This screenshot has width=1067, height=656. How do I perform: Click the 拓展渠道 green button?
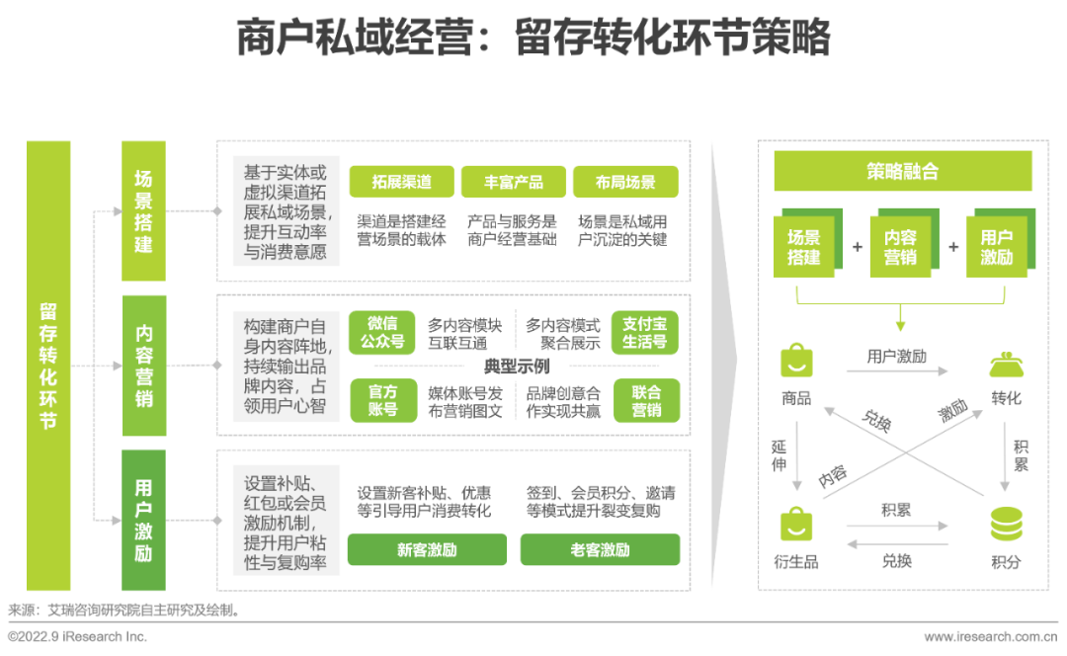401,182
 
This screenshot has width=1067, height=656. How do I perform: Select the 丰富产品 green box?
513,182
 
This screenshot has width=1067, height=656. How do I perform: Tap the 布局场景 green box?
625,182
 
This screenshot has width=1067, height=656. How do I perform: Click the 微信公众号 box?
381,333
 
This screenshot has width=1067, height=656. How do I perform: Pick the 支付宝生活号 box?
644,333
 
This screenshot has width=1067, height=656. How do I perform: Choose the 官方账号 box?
383,400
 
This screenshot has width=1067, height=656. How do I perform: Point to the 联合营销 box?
646,400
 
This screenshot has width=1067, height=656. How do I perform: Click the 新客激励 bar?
427,549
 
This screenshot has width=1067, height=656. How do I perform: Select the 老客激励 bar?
600,549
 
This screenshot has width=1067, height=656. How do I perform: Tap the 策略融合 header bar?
902,171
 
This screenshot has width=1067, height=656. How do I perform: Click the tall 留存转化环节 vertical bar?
48,366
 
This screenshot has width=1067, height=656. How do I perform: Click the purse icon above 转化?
1006,365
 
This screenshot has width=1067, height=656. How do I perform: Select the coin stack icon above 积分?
1006,524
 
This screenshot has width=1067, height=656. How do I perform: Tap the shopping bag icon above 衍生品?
796,524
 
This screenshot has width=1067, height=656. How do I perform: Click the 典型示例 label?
517,367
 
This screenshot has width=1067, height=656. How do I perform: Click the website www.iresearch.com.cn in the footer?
990,637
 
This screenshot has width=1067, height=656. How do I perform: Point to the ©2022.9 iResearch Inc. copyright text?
78,637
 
